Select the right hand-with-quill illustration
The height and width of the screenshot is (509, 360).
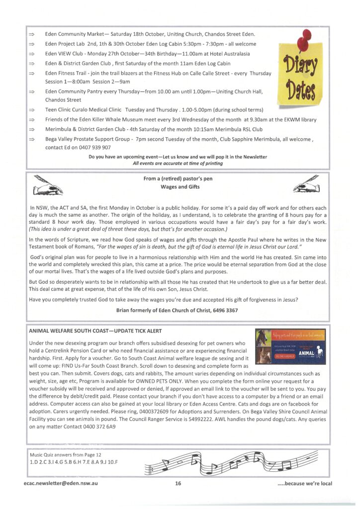[307, 185]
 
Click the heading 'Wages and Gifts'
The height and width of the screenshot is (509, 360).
[180, 187]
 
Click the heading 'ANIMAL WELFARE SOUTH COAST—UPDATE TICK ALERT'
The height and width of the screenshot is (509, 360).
[94, 331]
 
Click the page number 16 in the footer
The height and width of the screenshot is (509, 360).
[178, 483]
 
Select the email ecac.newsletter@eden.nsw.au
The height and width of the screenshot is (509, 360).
[60, 483]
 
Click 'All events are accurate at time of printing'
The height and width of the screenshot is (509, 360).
[178, 164]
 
